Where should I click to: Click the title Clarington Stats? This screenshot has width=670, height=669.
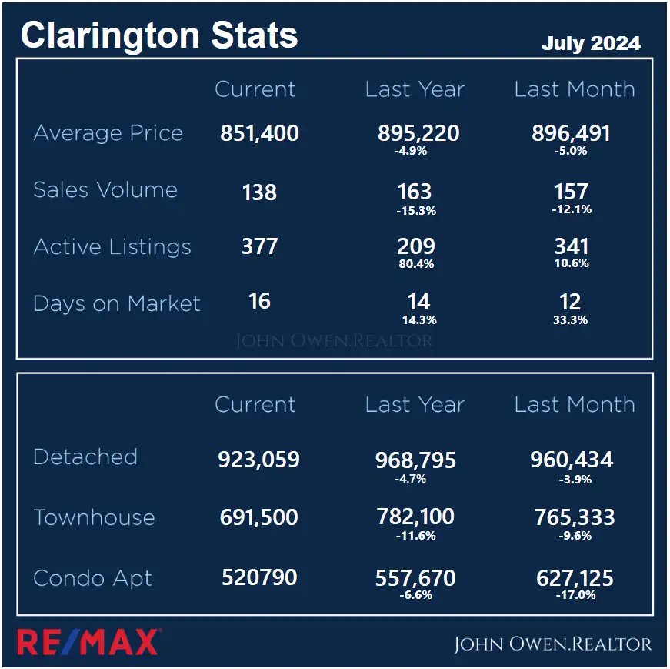pos(158,36)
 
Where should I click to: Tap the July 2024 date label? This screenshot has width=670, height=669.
pos(590,43)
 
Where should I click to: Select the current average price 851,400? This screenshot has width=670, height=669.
pos(259,133)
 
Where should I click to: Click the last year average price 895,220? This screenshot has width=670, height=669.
pos(418,133)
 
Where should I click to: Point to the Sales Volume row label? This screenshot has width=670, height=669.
pos(105,190)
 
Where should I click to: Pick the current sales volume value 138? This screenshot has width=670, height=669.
pos(259,192)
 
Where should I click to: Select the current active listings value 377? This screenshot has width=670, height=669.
pos(259,247)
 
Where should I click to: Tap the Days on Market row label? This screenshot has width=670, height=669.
pos(117,303)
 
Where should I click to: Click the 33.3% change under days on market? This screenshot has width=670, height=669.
pos(571,319)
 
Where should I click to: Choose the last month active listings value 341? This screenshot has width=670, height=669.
pos(571,247)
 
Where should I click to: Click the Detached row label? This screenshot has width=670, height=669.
pos(85,457)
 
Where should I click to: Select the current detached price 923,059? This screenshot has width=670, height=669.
pos(258,460)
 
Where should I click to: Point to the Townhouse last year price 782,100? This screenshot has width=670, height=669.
pos(415,517)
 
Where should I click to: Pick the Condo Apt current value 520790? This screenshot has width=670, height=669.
pos(259,577)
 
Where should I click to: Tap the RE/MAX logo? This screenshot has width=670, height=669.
pos(88,641)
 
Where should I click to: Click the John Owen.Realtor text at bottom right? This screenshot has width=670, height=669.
pos(552,644)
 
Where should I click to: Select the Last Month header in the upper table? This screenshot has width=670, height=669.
pos(575,89)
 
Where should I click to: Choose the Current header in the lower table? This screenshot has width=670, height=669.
pos(255,405)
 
